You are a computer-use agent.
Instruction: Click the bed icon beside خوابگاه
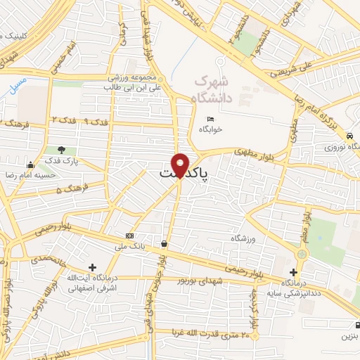click(x=210, y=119)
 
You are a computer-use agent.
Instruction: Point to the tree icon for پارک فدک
click(x=62, y=150)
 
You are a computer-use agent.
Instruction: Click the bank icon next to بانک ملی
click(x=129, y=236)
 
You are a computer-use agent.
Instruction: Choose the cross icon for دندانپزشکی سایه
click(x=294, y=272)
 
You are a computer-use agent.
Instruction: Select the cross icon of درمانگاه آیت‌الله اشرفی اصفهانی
click(x=93, y=267)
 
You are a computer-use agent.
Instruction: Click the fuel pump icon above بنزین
click(x=349, y=324)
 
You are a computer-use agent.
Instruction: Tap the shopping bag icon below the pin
click(x=164, y=243)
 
